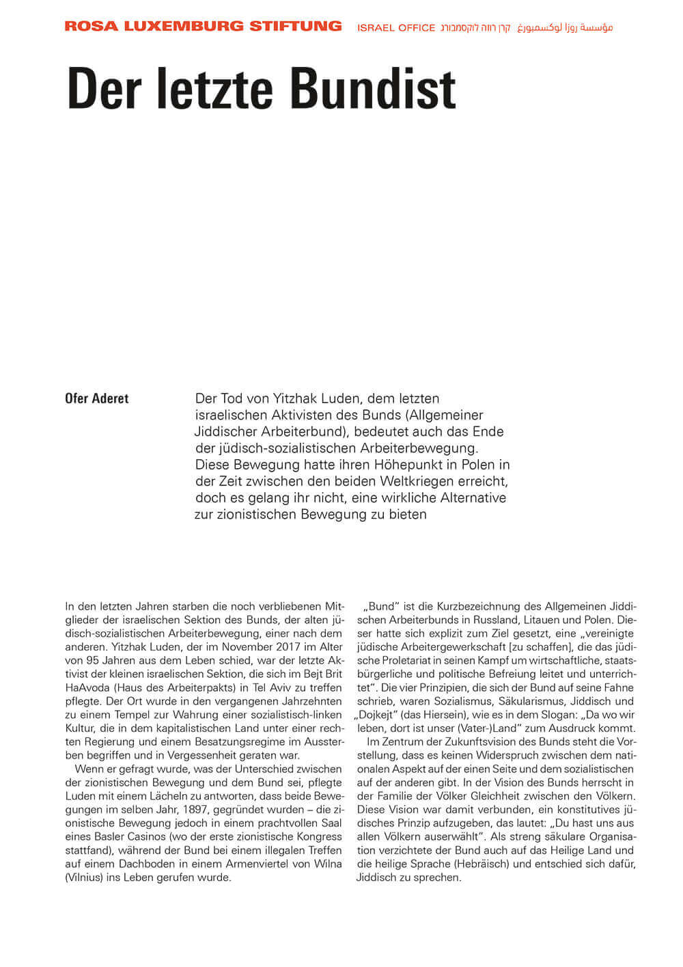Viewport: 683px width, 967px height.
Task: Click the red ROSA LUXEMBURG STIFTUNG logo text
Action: point(203,27)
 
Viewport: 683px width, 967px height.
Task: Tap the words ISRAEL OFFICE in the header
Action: point(396,28)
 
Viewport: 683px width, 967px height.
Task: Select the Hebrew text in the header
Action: point(475,28)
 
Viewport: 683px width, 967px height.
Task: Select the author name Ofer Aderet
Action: point(96,398)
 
